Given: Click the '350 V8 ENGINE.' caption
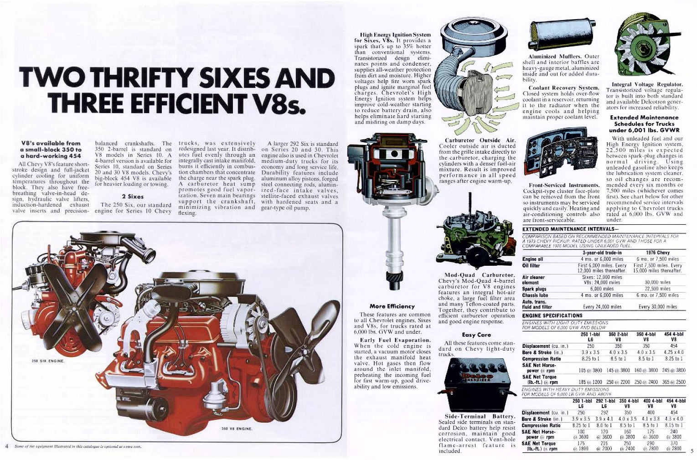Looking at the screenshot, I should [237, 429].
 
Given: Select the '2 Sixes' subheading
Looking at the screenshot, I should [133, 196].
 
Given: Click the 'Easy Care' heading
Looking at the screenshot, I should [476, 335].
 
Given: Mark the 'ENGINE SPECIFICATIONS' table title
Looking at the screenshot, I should [552, 315].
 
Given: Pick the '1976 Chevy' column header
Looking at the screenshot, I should [657, 252].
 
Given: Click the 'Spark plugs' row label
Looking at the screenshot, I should [534, 289].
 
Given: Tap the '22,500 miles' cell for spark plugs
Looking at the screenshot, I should [657, 289].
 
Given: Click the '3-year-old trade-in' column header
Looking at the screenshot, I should [602, 252].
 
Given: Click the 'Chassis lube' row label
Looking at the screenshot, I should [536, 295].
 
